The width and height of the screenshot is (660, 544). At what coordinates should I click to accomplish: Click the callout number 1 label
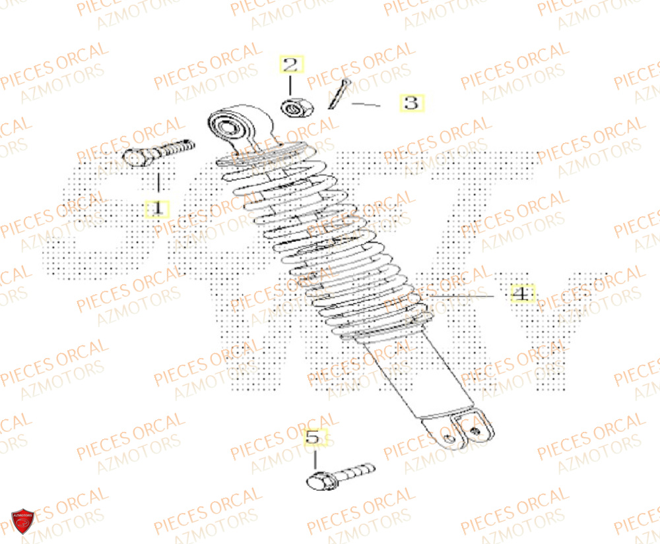(x=157, y=208)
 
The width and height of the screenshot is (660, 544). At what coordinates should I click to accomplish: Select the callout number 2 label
(x=291, y=65)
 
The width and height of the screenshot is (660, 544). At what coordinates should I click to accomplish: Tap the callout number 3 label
(x=411, y=103)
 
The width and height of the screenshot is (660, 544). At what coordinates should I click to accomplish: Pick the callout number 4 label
(x=521, y=294)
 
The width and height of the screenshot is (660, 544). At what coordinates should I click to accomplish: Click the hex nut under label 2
(x=291, y=106)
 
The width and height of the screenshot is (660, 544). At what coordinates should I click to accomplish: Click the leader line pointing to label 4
(x=462, y=295)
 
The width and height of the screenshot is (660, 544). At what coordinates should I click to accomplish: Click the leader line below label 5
(x=314, y=458)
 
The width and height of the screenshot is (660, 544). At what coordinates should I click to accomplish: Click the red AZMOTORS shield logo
(x=22, y=521)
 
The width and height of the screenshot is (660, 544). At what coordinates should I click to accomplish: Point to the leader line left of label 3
(x=366, y=104)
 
